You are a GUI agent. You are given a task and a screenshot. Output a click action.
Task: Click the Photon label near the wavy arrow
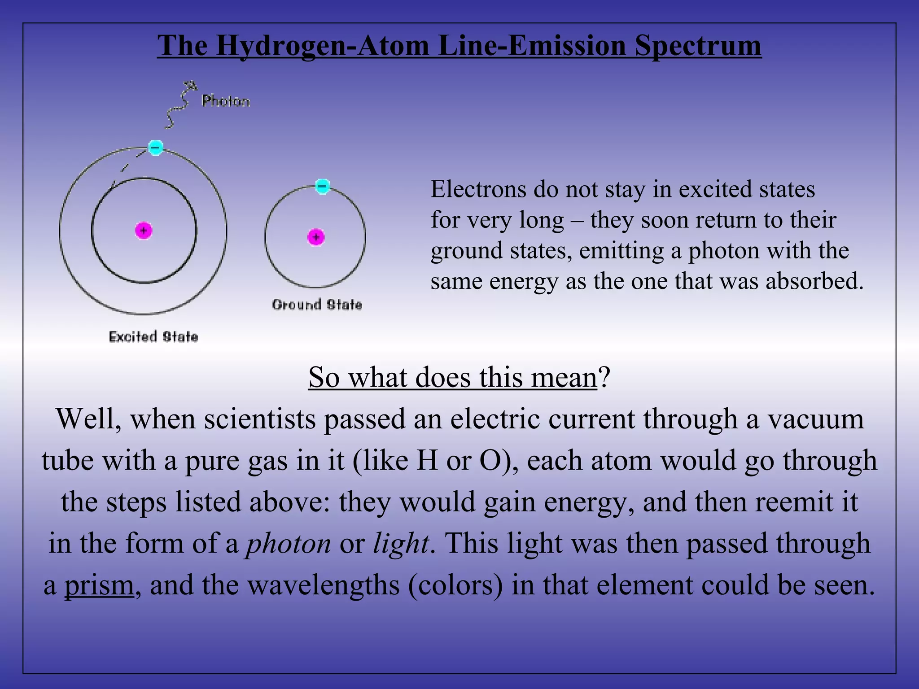coord(226,101)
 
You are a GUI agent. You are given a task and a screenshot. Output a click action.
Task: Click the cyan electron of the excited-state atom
coord(155,147)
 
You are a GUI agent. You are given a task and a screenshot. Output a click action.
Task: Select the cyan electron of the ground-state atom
coord(322,186)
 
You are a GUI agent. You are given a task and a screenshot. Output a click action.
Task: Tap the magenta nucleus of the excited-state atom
coord(144,231)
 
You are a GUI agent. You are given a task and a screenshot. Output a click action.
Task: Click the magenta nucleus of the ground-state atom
coord(316,237)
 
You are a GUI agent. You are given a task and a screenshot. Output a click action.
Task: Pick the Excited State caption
coord(153,336)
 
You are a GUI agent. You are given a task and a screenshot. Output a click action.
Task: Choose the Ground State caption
coord(317,305)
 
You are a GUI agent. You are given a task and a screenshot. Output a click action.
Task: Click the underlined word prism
coord(99,585)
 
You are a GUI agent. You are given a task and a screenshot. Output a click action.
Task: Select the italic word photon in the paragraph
coord(288,544)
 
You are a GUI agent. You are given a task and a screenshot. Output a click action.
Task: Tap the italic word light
coord(400,544)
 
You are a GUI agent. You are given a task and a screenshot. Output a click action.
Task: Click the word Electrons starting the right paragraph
coord(478,189)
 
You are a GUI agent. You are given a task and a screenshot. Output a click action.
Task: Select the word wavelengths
coord(324,585)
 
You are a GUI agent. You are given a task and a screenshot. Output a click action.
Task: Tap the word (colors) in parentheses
coord(455,585)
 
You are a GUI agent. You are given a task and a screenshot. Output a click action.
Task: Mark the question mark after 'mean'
coord(604,378)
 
